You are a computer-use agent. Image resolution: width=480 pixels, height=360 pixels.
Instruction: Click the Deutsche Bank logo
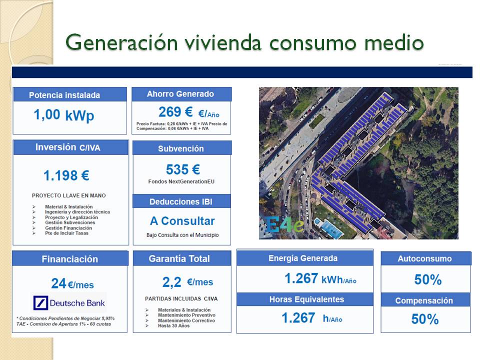69,302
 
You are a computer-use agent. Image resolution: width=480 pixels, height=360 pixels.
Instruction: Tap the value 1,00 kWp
63,115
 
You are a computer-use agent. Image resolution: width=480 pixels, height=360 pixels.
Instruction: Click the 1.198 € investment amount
66,175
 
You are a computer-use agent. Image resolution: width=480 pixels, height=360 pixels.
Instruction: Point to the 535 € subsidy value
182,169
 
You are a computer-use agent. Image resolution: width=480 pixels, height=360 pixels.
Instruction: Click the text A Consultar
182,221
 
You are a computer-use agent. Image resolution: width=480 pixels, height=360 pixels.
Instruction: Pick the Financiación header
69,259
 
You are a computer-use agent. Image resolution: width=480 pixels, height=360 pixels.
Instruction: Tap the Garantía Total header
179,258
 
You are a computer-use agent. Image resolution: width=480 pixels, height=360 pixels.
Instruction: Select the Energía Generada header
303,258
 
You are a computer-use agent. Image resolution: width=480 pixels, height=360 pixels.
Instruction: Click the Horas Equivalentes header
306,299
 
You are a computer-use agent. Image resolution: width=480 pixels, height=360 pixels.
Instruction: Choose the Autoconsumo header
424,258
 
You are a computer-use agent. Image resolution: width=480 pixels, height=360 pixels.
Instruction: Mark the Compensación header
424,300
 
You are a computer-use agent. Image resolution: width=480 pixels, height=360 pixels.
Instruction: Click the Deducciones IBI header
182,201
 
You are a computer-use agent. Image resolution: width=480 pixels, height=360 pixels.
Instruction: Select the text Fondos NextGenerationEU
182,181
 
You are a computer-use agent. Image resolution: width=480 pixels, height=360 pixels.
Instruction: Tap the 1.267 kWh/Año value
320,278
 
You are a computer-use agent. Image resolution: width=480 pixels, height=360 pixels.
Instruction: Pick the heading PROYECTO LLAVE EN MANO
69,195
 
